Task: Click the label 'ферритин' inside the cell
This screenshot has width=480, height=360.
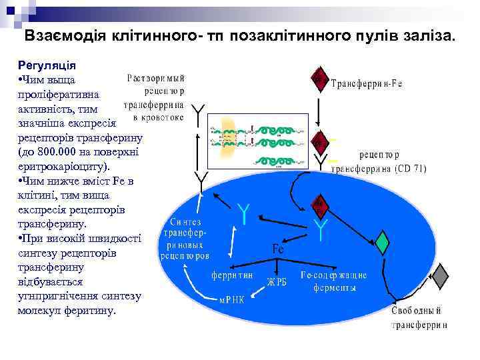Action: pos(233,275)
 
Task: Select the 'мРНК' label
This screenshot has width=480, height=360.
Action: pos(233,299)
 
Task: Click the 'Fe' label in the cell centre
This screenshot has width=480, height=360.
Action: pos(279,248)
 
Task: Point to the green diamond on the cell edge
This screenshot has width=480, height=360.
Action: pos(382,242)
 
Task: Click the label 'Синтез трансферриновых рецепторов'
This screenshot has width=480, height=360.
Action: pos(185,238)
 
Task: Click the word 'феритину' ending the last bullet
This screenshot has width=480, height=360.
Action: pos(90,311)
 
